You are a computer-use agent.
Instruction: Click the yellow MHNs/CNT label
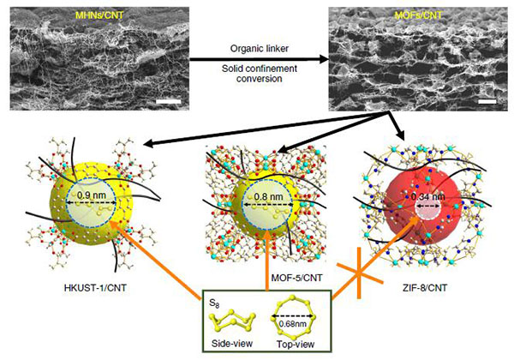(99, 15)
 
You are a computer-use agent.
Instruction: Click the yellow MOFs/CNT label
(418, 15)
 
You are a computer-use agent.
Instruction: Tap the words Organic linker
(260, 49)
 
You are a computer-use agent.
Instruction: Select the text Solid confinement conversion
(260, 74)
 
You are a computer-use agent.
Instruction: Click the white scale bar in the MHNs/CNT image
(169, 101)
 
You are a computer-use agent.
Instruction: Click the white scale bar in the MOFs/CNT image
(487, 101)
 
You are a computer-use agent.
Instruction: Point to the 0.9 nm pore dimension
(92, 195)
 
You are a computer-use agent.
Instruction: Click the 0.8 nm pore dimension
(268, 197)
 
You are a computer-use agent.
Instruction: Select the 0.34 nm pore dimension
(427, 197)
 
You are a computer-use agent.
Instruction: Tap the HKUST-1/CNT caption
(95, 288)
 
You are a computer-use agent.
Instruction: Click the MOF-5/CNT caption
(296, 278)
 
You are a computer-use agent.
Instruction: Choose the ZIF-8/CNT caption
(425, 288)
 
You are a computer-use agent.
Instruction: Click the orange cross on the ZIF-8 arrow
(360, 273)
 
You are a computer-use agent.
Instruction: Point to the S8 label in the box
(214, 303)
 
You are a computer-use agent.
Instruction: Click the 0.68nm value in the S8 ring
(293, 324)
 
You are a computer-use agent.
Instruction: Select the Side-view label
(232, 343)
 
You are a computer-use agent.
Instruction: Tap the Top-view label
(296, 345)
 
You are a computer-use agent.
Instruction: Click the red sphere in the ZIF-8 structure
(423, 206)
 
